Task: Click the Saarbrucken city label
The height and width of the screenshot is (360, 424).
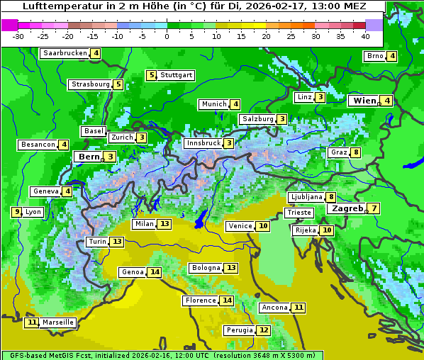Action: (x=65, y=53)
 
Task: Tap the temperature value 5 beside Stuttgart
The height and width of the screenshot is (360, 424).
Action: (x=151, y=75)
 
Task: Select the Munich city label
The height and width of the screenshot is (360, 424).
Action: (x=214, y=104)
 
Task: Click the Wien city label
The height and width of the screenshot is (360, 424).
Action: (x=364, y=101)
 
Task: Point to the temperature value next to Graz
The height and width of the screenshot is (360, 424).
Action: (x=355, y=152)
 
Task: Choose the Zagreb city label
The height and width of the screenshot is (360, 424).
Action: (x=347, y=208)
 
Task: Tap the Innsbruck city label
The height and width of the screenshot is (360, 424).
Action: (x=203, y=143)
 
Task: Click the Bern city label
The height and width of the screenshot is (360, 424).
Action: (x=89, y=157)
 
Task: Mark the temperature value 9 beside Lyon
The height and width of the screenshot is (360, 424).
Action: (x=16, y=211)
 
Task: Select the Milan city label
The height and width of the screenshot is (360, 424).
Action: (x=144, y=224)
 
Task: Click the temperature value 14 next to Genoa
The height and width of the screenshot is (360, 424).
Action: (x=154, y=272)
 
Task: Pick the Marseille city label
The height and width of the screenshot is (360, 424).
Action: (x=57, y=322)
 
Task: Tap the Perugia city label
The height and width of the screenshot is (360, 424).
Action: (x=239, y=330)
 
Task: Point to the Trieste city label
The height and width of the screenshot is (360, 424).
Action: (x=299, y=213)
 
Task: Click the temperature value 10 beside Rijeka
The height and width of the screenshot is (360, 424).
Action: (x=326, y=230)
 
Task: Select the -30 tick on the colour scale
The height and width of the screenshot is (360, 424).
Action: (x=18, y=36)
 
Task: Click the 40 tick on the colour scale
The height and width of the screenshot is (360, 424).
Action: (x=365, y=36)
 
